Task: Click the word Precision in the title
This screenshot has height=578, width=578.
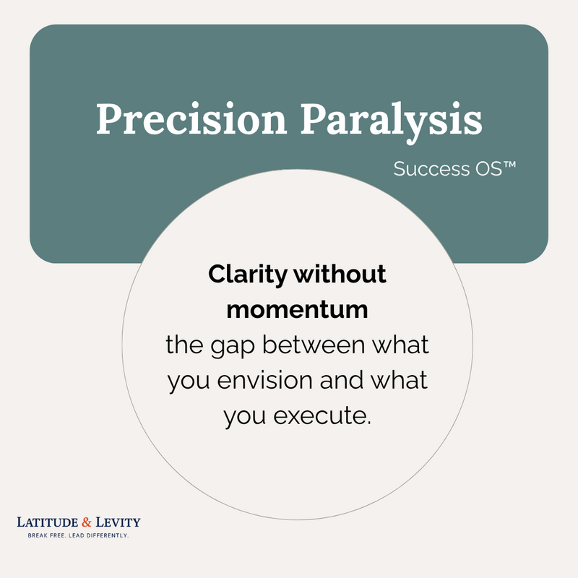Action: pyautogui.click(x=191, y=118)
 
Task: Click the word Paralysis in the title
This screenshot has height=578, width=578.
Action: pyautogui.click(x=392, y=122)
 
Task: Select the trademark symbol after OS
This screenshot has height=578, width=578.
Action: pyautogui.click(x=509, y=165)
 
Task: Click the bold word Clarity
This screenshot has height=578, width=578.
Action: pyautogui.click(x=248, y=275)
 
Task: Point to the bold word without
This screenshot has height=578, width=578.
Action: pyautogui.click(x=340, y=274)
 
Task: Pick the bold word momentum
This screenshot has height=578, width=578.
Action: pyautogui.click(x=297, y=310)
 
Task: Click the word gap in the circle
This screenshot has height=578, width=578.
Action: pyautogui.click(x=233, y=347)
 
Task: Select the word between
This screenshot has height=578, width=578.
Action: pyautogui.click(x=314, y=345)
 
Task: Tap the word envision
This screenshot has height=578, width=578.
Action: pyautogui.click(x=264, y=380)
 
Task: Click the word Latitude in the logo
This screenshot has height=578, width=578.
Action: pyautogui.click(x=48, y=522)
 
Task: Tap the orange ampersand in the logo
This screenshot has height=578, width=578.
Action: pyautogui.click(x=87, y=522)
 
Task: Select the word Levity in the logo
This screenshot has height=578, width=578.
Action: pyautogui.click(x=118, y=522)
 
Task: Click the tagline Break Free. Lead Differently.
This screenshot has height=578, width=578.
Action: pyautogui.click(x=78, y=535)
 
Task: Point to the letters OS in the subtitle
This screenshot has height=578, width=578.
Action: pyautogui.click(x=489, y=169)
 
